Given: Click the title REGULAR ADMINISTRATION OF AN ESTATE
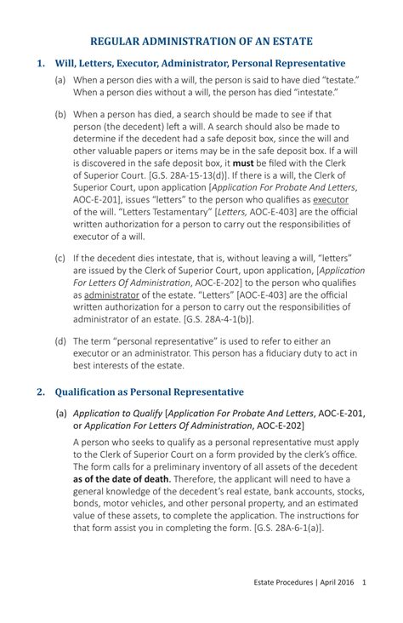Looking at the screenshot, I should pos(201,40).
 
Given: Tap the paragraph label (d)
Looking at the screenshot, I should pos(60,339).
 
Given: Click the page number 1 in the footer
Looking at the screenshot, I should pos(364,583).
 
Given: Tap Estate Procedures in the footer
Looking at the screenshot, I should pos(283,583).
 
